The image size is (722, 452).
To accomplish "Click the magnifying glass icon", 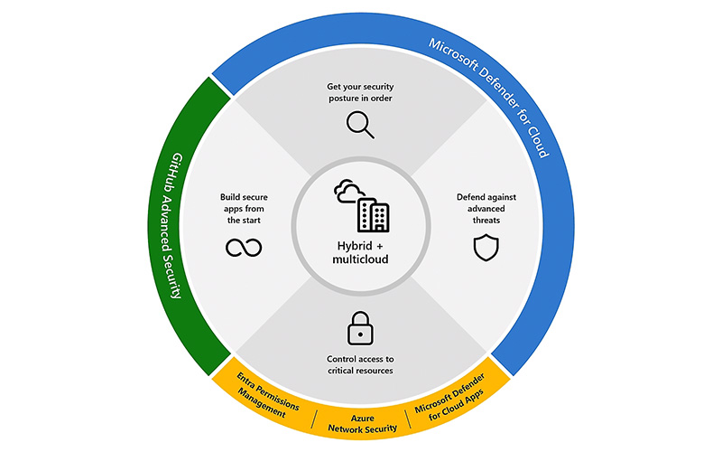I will [x=361, y=124].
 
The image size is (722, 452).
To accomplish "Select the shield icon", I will [x=485, y=247].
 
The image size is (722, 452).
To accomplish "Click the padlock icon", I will [x=361, y=326].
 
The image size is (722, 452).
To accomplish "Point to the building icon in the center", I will [x=374, y=214].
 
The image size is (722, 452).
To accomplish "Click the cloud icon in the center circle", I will [x=347, y=193].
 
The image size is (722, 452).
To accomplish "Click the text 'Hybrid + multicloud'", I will [x=361, y=253].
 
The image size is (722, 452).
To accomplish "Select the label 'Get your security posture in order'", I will [x=361, y=93].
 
